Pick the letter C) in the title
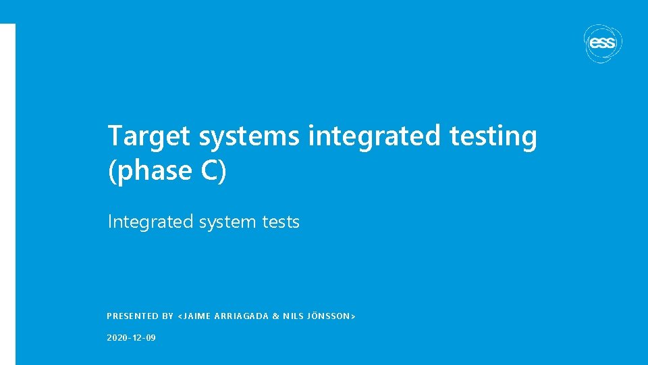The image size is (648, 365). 214,171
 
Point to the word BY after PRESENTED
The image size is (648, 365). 168,316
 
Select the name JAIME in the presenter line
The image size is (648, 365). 197,316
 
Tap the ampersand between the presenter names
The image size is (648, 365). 276,316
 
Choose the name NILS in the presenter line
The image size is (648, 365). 294,316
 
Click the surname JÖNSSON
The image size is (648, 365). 330,316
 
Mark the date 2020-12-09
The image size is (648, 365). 131,337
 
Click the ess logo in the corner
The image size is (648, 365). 601,43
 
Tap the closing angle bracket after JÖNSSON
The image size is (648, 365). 354,316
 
